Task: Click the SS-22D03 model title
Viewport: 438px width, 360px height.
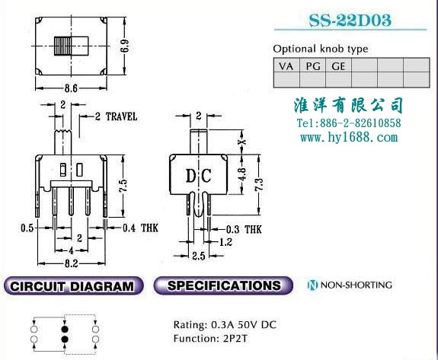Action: click(350, 20)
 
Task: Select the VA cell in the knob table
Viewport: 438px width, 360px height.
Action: click(286, 65)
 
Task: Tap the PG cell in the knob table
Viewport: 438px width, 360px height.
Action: click(312, 65)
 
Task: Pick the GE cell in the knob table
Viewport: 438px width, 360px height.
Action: click(338, 65)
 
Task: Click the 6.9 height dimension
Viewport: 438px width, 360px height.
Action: click(125, 46)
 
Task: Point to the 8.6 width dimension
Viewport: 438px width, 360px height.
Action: click(71, 88)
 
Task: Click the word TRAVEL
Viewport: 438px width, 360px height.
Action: click(122, 116)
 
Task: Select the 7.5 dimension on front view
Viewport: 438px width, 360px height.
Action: click(123, 185)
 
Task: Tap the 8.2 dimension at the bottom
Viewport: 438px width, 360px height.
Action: click(72, 263)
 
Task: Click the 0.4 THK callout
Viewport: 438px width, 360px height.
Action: click(140, 228)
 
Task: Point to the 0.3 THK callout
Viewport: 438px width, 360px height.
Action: click(244, 229)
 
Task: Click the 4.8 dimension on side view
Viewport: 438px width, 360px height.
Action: click(242, 174)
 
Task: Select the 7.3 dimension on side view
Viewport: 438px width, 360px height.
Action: click(259, 184)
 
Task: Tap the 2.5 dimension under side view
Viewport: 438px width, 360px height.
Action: click(199, 256)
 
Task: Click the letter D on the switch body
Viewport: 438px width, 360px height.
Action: click(190, 176)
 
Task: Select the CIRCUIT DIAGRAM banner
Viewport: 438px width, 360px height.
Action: click(73, 285)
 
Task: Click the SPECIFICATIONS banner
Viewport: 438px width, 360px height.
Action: click(223, 285)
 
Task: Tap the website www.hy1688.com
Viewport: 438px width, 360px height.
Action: click(349, 137)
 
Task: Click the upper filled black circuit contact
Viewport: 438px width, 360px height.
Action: click(65, 329)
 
